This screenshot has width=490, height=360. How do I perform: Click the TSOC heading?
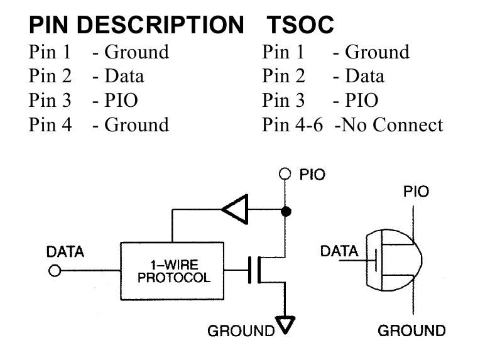[x=300, y=25]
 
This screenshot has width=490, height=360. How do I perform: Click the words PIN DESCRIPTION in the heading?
[x=136, y=25]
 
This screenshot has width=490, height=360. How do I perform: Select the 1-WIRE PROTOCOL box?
[x=172, y=271]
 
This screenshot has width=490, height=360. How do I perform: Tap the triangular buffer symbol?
[x=236, y=209]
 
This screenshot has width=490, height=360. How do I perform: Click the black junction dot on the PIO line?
[x=286, y=212]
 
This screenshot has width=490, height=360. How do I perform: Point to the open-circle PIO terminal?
[x=285, y=174]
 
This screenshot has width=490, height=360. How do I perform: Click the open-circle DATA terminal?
[x=55, y=271]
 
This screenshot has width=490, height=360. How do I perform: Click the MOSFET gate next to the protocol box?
[x=249, y=270]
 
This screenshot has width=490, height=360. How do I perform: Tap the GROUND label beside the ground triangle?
[x=241, y=331]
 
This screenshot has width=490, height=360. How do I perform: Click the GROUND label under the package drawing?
[x=411, y=330]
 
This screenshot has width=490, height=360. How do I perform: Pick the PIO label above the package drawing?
[x=416, y=192]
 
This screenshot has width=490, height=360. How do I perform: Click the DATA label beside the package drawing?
[x=339, y=251]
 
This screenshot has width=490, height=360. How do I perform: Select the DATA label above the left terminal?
[x=65, y=251]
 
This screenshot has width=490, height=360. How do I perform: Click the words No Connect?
[x=392, y=125]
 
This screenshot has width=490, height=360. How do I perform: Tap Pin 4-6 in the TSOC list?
[x=292, y=125]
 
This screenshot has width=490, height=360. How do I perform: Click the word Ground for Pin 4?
[x=136, y=125]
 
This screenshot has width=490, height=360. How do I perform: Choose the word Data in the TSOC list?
[x=365, y=76]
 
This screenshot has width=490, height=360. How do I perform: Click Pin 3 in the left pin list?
[x=50, y=101]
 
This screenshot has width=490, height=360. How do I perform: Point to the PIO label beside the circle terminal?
[x=312, y=175]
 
